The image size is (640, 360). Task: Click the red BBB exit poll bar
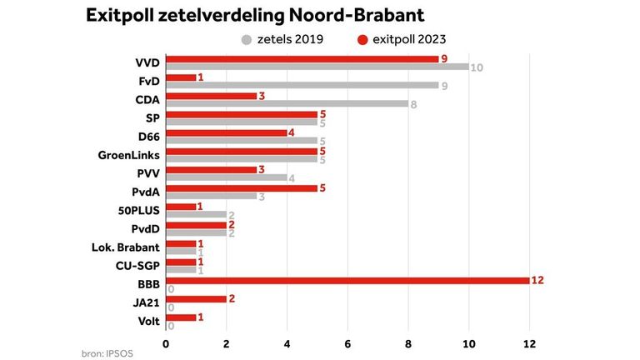tap(347, 280)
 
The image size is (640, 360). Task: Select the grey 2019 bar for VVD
tap(317, 67)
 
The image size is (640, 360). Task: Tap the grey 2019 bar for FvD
tap(302, 86)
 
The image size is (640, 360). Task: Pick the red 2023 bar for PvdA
tap(242, 188)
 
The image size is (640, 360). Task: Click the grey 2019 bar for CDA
tap(287, 104)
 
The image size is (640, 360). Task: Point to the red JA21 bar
tap(196, 298)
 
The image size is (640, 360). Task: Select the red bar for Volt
tap(181, 317)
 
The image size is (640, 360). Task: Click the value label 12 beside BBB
tap(537, 280)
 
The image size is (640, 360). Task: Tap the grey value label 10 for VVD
tap(476, 67)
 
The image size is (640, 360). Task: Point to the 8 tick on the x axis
tap(408, 343)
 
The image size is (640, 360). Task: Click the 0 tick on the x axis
tap(167, 343)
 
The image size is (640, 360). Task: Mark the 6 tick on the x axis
tap(347, 343)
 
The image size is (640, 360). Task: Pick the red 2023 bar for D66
tap(227, 132)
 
